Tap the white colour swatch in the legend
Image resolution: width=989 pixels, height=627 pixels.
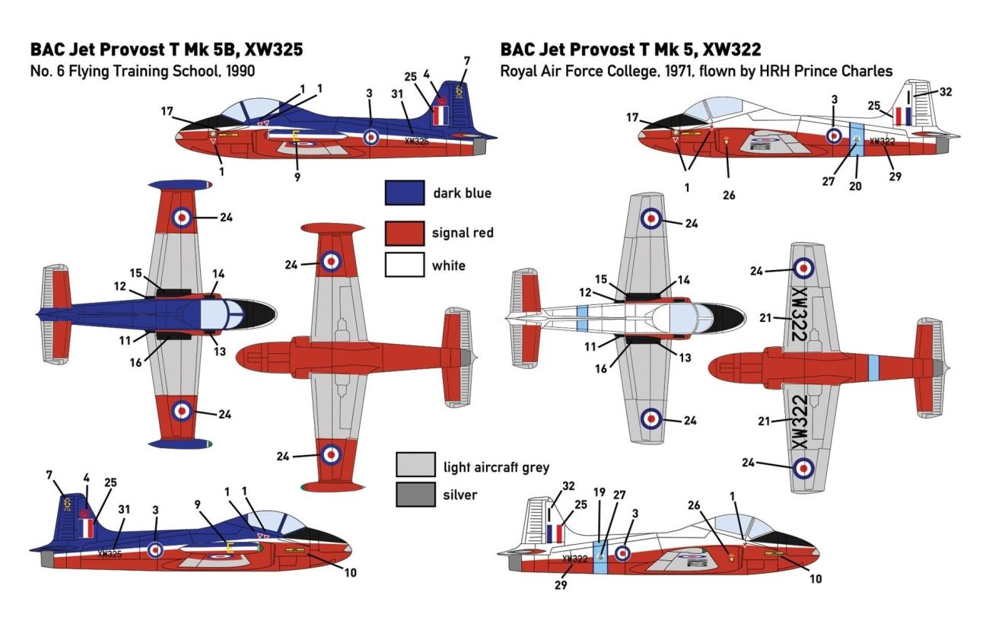[403, 266]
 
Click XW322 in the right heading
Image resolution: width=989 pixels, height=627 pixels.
[733, 50]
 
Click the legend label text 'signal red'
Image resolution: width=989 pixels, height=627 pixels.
[463, 233]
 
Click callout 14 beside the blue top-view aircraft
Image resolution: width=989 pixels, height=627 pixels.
[218, 274]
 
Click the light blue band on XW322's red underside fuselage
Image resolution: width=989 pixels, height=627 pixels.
[873, 368]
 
